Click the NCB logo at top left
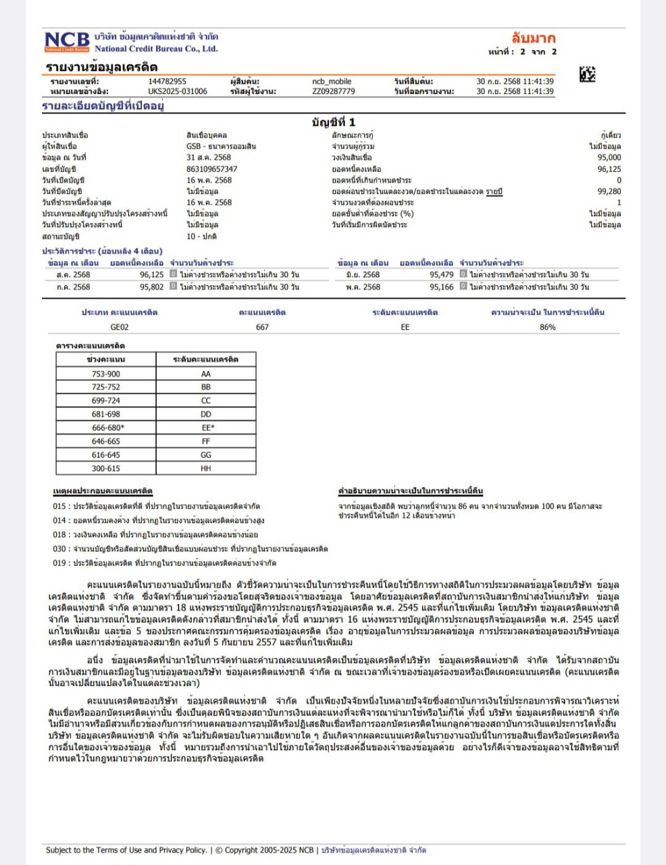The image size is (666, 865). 67,42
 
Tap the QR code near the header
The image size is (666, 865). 587,74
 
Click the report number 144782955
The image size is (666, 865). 167,81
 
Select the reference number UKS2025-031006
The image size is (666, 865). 178,91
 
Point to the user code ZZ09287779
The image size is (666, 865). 333,91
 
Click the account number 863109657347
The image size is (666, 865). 211,169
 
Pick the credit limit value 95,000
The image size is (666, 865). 609,157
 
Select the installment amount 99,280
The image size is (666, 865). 609,191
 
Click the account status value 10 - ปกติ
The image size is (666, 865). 201,237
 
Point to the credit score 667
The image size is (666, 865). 262,327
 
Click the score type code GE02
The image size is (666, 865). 120,327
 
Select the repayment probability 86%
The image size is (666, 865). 547,327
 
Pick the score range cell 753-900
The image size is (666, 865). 106,374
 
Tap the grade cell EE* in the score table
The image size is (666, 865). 206,428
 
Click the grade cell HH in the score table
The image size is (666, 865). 206,468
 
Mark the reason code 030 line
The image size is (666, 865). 190,549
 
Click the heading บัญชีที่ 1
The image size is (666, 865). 333,122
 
